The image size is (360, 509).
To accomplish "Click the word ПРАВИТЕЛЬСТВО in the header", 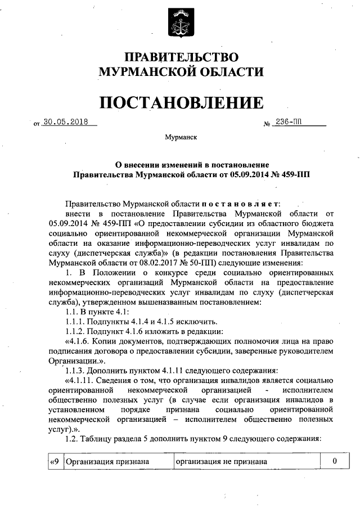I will [181, 57].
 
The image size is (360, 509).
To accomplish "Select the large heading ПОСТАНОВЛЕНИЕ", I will [181, 103].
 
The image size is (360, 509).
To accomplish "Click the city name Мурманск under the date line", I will [181, 137].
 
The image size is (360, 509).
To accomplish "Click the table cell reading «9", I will [55, 462].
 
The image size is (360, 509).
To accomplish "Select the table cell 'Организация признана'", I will [107, 462].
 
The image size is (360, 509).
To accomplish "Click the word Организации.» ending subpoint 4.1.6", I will [72, 361].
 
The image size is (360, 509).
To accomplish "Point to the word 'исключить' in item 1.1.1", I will [197, 322].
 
